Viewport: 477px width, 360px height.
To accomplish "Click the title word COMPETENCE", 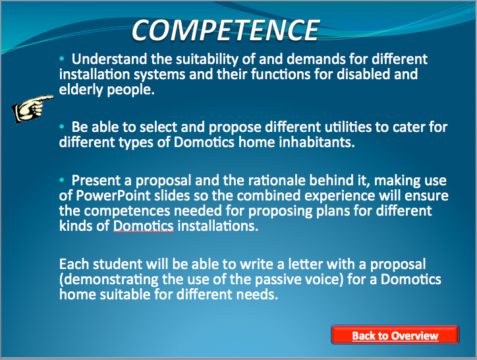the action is click(x=225, y=30).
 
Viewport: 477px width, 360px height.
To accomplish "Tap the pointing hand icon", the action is click(x=32, y=109).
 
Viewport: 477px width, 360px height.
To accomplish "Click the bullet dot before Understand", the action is click(x=62, y=58).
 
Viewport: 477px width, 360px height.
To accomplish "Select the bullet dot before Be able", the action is click(x=62, y=126).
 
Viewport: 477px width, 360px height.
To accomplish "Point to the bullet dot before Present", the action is click(x=62, y=180).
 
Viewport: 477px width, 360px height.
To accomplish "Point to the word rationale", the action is click(x=277, y=180).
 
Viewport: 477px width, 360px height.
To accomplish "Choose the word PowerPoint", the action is click(x=113, y=196).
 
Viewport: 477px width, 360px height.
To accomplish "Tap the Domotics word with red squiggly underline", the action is click(x=143, y=226).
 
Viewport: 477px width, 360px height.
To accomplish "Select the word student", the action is click(x=117, y=264).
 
